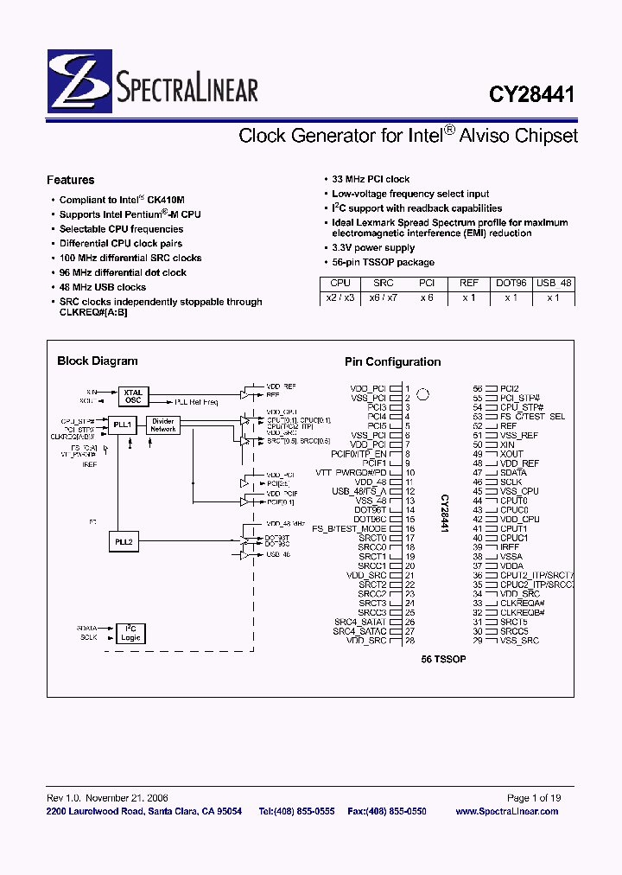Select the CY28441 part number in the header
[532, 93]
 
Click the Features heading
[70, 180]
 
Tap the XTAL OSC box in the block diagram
[133, 397]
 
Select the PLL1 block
[122, 425]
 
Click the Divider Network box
[163, 425]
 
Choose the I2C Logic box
[131, 634]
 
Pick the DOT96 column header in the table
[511, 283]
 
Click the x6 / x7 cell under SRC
[384, 297]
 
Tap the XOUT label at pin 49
[511, 454]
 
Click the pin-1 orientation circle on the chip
[423, 395]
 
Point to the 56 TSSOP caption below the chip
[443, 659]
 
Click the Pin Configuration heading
[392, 362]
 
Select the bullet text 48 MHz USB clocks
[103, 287]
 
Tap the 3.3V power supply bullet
[373, 247]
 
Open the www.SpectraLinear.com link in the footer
[506, 811]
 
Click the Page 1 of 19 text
[534, 798]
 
